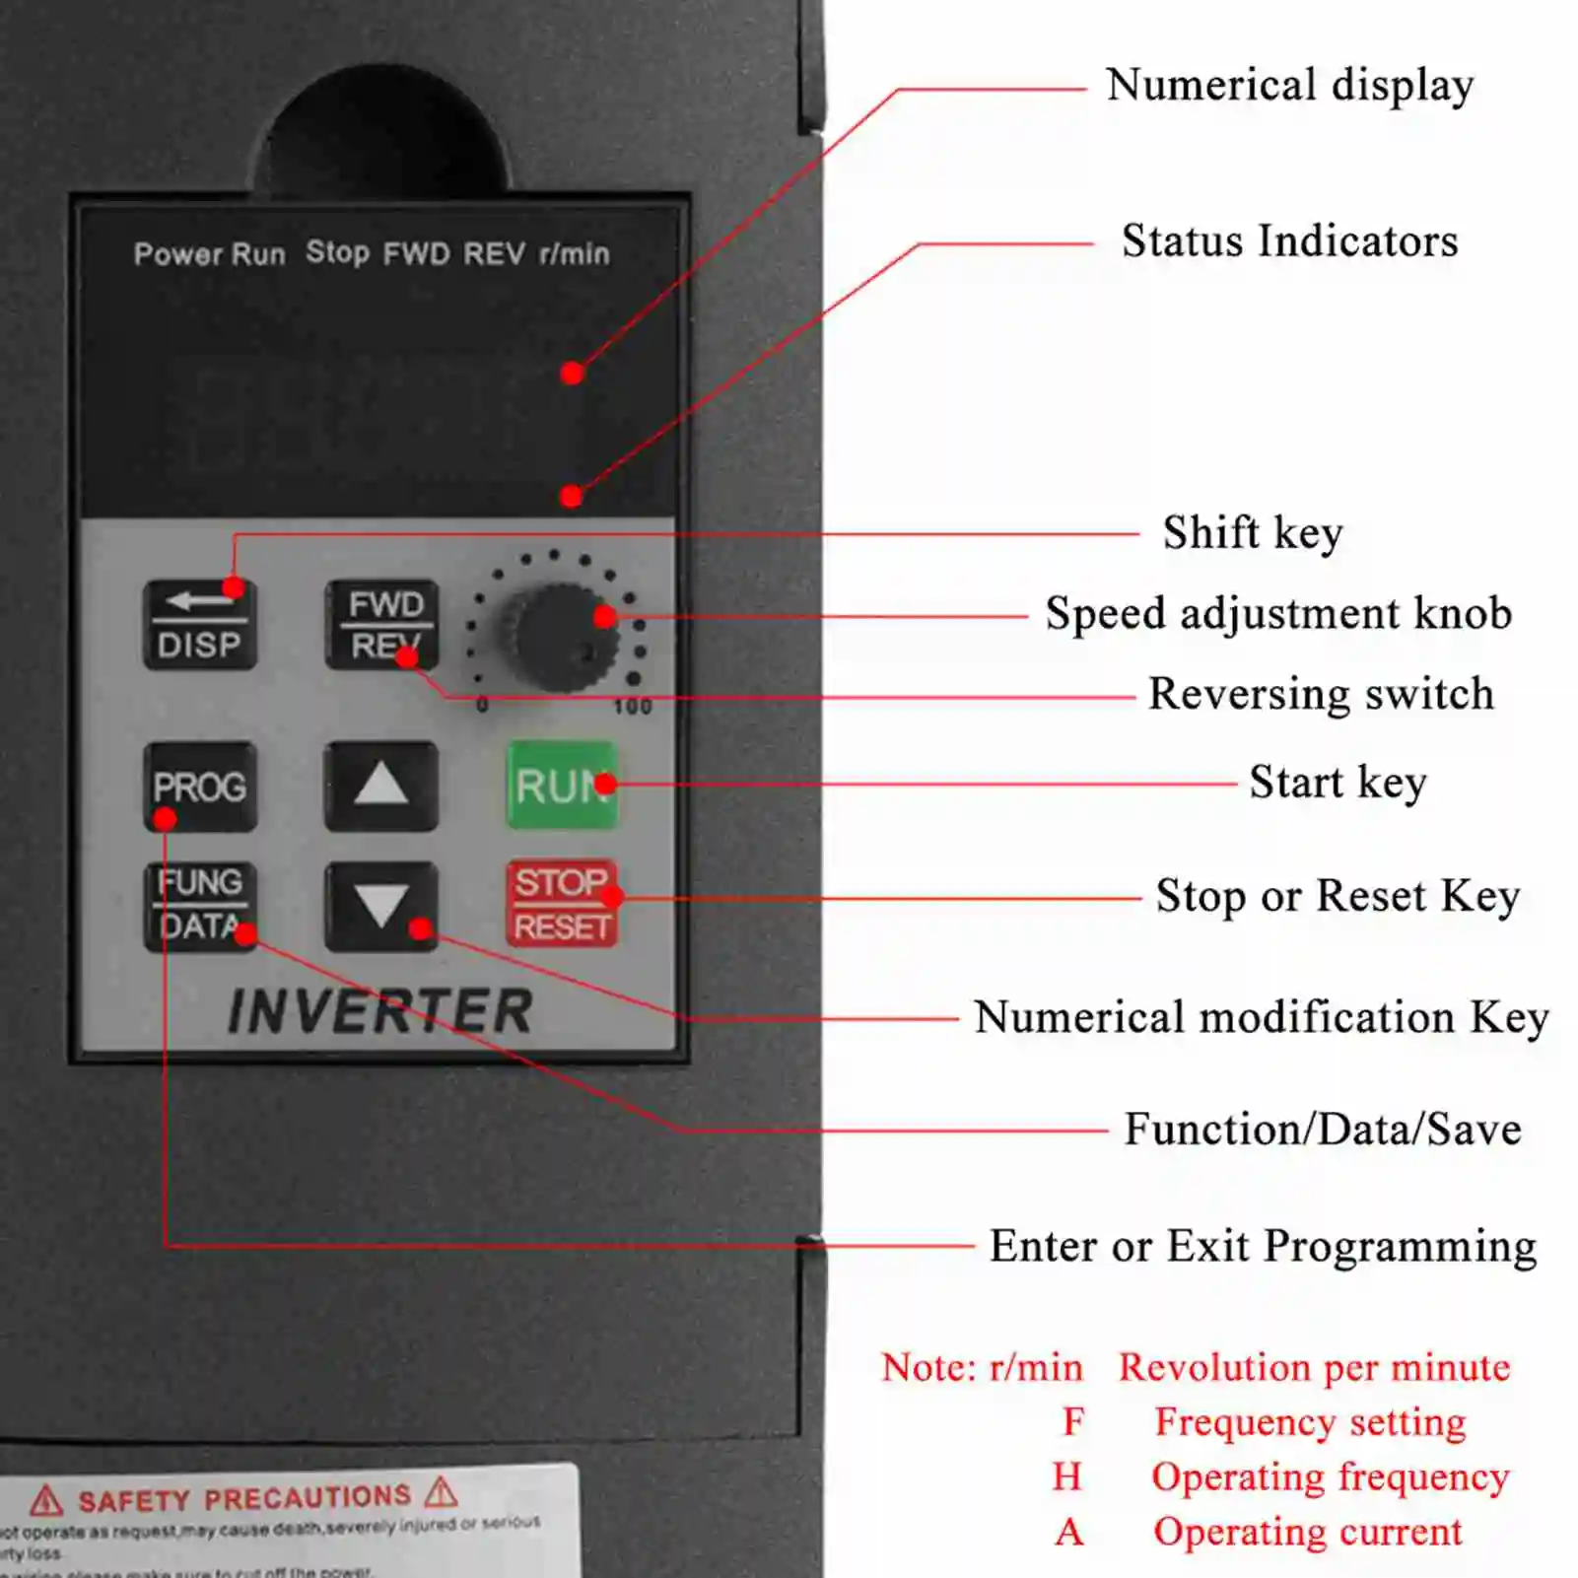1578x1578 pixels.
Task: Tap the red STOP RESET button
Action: [562, 904]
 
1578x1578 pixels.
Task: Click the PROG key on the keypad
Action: [200, 787]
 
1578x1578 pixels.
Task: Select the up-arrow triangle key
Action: [381, 787]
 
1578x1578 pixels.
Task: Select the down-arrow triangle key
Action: [381, 906]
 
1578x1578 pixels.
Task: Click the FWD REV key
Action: [382, 624]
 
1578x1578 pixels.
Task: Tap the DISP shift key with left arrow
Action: [200, 625]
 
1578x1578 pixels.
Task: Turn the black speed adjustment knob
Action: [559, 636]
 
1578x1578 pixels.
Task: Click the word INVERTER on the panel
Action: [380, 1011]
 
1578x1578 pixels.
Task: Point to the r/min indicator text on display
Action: [575, 253]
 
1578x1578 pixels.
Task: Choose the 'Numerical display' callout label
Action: [1289, 85]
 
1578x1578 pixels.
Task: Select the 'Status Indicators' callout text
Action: [1289, 241]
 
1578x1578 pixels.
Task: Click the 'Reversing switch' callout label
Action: [1321, 694]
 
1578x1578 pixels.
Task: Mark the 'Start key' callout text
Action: [1338, 783]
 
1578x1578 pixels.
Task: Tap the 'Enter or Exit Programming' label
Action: [1263, 1246]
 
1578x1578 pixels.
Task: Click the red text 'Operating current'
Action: [1307, 1531]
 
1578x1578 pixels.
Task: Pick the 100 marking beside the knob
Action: [632, 707]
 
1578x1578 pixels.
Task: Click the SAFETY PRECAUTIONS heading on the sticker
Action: [244, 1498]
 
